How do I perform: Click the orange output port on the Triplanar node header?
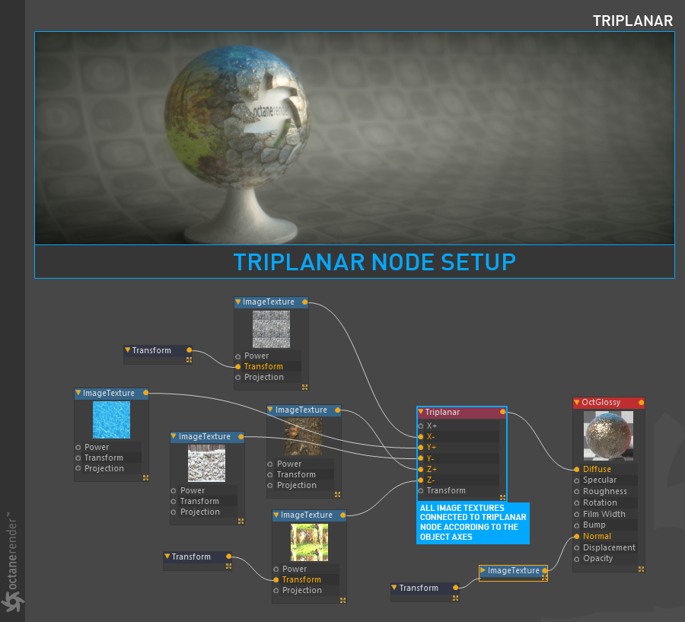pyautogui.click(x=503, y=412)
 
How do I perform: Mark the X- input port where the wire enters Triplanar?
pyautogui.click(x=421, y=437)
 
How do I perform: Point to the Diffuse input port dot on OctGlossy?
pyautogui.click(x=577, y=470)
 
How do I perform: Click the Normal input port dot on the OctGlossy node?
pyautogui.click(x=577, y=536)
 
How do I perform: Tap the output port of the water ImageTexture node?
pyautogui.click(x=145, y=393)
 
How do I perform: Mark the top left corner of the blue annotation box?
pyautogui.click(x=417, y=502)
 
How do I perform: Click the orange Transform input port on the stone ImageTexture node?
pyautogui.click(x=237, y=367)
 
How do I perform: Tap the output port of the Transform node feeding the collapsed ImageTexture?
pyautogui.click(x=456, y=588)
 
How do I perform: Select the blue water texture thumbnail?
pyautogui.click(x=111, y=420)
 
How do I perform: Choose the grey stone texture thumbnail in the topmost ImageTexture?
pyautogui.click(x=271, y=329)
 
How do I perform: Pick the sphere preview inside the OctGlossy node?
pyautogui.click(x=608, y=435)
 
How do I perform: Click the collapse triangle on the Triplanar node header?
pyautogui.click(x=421, y=412)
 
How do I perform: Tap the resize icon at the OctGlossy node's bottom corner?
pyautogui.click(x=641, y=569)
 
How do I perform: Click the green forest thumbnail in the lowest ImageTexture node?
pyautogui.click(x=309, y=543)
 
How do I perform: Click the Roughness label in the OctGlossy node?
pyautogui.click(x=604, y=491)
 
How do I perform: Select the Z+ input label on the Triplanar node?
pyautogui.click(x=432, y=469)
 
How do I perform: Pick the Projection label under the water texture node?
pyautogui.click(x=104, y=468)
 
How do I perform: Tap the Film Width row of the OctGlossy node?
pyautogui.click(x=604, y=514)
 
